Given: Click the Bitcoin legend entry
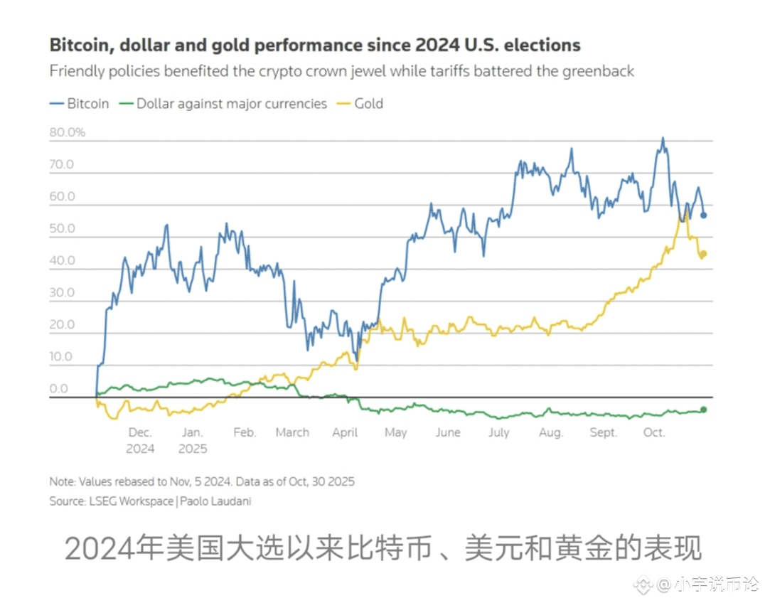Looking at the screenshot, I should pyautogui.click(x=80, y=104).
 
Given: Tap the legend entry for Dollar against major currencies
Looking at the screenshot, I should pyautogui.click(x=224, y=104).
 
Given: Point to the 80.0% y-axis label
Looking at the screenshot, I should pyautogui.click(x=67, y=132).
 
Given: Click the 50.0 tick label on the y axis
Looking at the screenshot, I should pyautogui.click(x=62, y=229).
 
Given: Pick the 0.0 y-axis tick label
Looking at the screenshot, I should pyautogui.click(x=58, y=389).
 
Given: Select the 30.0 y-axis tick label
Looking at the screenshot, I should pyautogui.click(x=62, y=293).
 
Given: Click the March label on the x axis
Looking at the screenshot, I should pyautogui.click(x=292, y=432).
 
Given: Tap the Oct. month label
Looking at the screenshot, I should pyautogui.click(x=654, y=432).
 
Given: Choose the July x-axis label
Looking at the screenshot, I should pyautogui.click(x=499, y=432).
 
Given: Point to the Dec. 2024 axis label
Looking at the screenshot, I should pyautogui.click(x=140, y=440).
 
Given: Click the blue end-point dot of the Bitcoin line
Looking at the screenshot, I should pyautogui.click(x=704, y=215).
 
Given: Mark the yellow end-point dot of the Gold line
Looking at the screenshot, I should pyautogui.click(x=704, y=254).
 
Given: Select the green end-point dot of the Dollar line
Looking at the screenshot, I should pyautogui.click(x=704, y=409).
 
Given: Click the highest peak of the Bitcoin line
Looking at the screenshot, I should pyautogui.click(x=663, y=139).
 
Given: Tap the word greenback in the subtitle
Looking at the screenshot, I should pyautogui.click(x=599, y=71).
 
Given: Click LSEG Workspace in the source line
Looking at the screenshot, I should pyautogui.click(x=130, y=501).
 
